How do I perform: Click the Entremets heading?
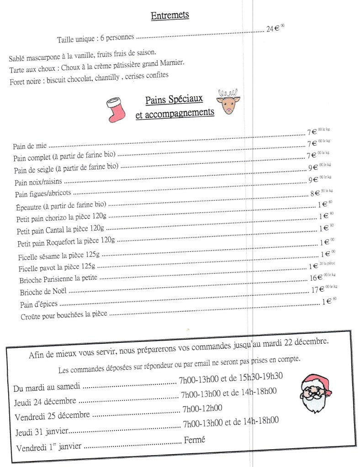tap(170, 16)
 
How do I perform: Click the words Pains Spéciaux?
tap(174, 100)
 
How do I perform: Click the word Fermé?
tap(194, 440)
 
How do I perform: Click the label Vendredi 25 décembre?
tap(53, 417)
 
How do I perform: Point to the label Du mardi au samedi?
tap(47, 388)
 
